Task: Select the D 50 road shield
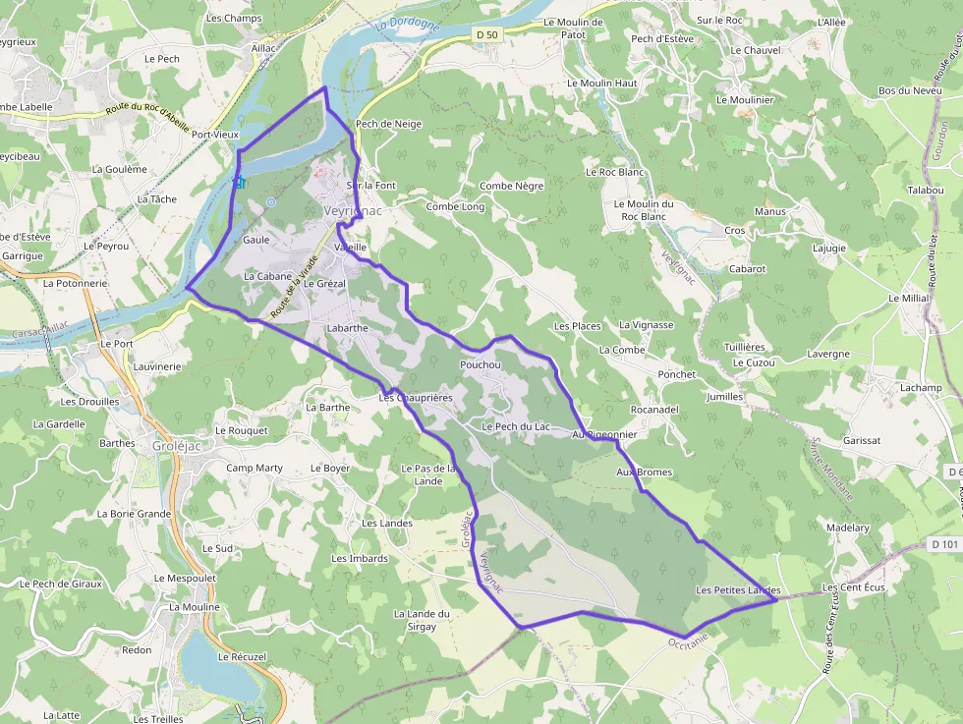(486, 34)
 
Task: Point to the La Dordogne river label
(407, 26)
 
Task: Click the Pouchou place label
(480, 365)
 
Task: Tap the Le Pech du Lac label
(515, 427)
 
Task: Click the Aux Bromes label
(644, 473)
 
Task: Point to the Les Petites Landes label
(737, 590)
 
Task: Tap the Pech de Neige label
(389, 125)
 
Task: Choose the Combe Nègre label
(511, 186)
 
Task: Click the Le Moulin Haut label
(602, 84)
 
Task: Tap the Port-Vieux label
(215, 135)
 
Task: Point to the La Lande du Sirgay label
(422, 620)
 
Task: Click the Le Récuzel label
(242, 656)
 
